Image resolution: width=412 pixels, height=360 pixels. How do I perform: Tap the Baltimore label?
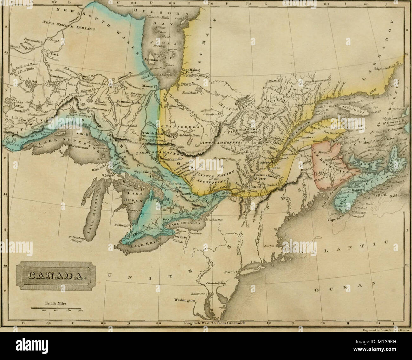pyautogui.click(x=193, y=293)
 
